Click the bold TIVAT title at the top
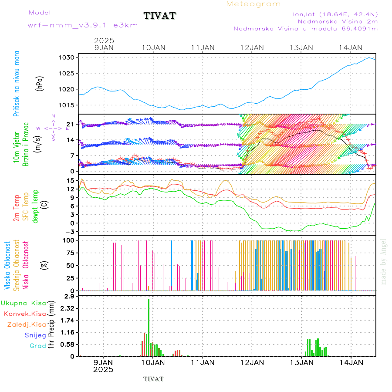click(x=159, y=16)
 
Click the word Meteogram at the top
click(x=253, y=4)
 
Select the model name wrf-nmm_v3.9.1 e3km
click(x=83, y=25)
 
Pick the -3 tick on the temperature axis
click(x=71, y=231)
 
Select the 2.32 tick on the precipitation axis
click(x=68, y=308)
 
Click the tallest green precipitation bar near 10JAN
click(x=149, y=327)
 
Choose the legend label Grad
click(x=38, y=346)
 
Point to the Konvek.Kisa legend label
click(x=24, y=314)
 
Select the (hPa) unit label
click(x=40, y=83)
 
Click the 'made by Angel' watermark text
click(x=384, y=261)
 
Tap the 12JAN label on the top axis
click(x=252, y=47)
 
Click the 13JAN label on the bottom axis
click(x=301, y=362)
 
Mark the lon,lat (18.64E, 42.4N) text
click(x=335, y=15)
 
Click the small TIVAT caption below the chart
click(x=153, y=379)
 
